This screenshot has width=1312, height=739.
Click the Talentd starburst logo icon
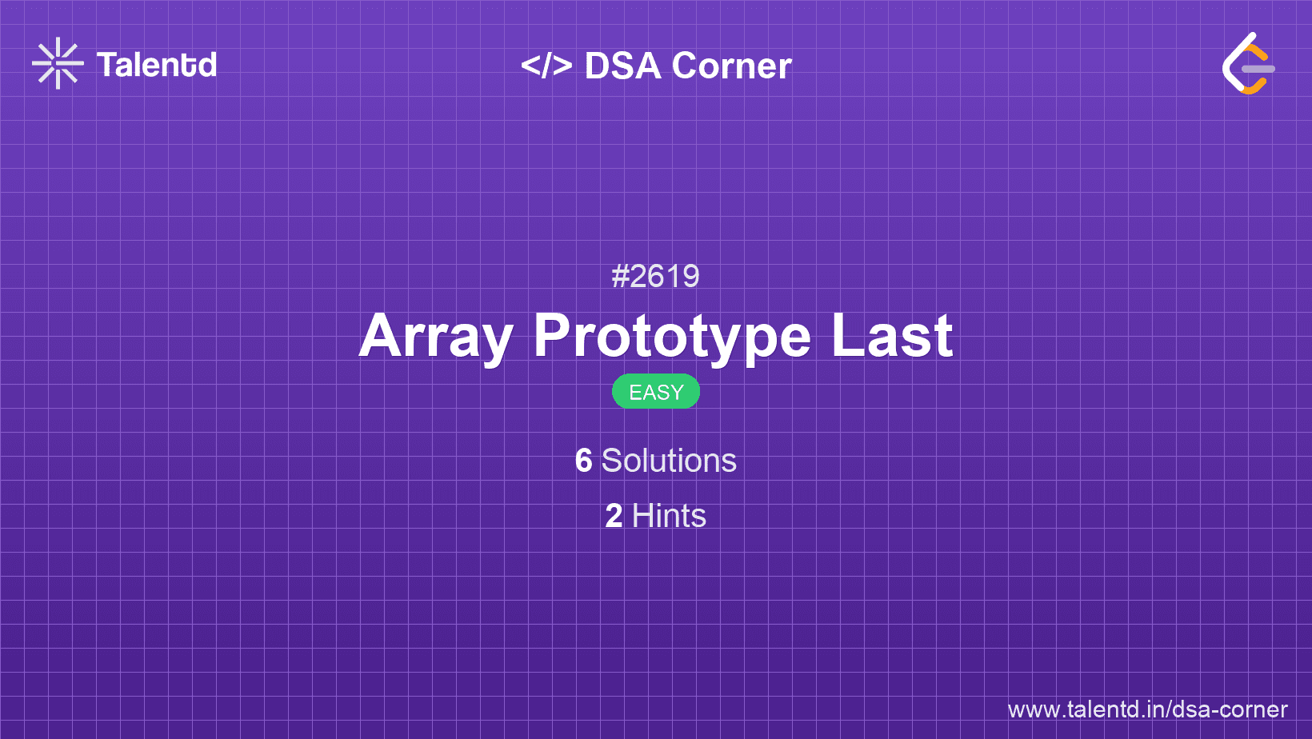click(x=58, y=63)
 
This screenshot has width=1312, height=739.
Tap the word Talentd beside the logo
click(x=157, y=65)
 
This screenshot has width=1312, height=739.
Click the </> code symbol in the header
click(x=546, y=66)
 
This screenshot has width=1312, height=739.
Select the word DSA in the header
click(x=622, y=66)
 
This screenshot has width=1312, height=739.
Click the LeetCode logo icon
click(x=1248, y=64)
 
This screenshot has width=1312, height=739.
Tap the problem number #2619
click(x=655, y=277)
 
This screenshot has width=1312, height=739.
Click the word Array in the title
click(x=436, y=336)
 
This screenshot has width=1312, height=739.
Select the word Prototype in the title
click(x=672, y=336)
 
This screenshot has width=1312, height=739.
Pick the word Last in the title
click(x=892, y=336)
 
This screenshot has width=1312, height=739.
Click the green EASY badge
click(x=656, y=392)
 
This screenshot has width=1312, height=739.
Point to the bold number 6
click(x=584, y=461)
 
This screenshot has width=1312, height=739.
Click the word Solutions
click(x=669, y=461)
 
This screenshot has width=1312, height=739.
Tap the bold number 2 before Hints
click(x=614, y=516)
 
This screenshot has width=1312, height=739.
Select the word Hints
click(x=669, y=516)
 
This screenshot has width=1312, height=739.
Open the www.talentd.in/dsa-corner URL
click(x=1147, y=709)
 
